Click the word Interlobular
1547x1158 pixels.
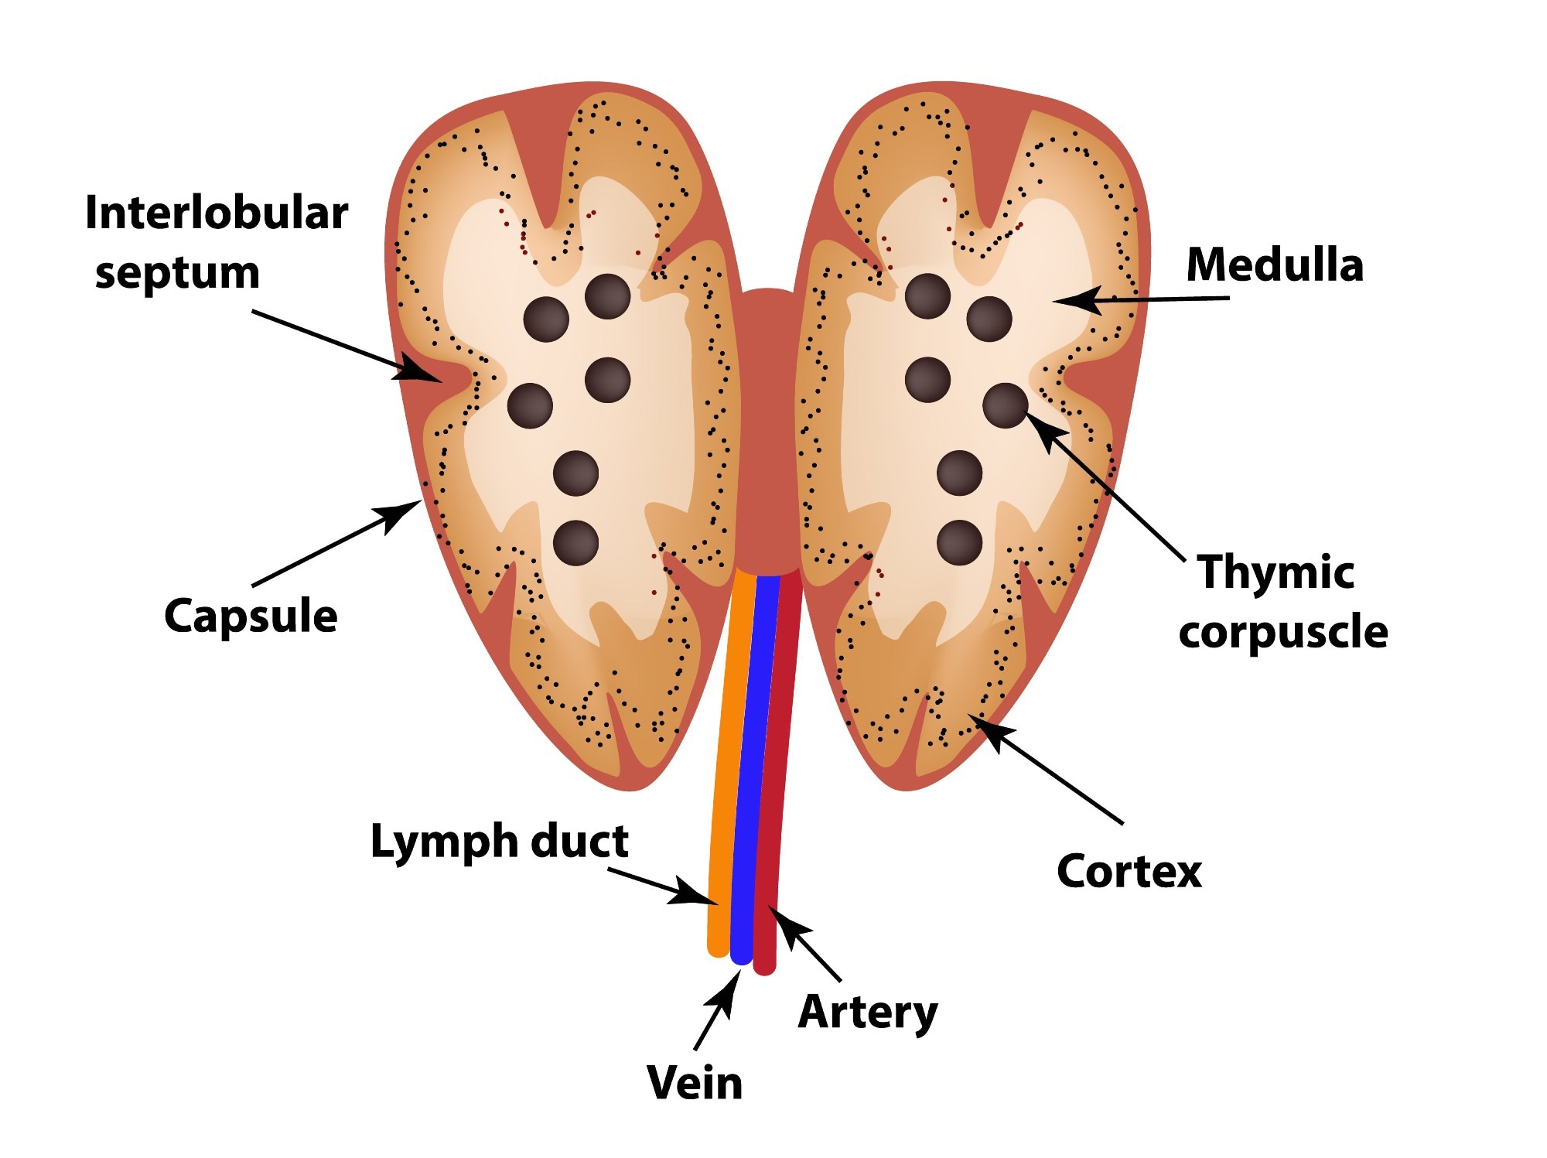217,213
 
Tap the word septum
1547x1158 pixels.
177,274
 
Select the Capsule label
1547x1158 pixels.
251,617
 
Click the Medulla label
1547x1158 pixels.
1274,265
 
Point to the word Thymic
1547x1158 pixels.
1276,572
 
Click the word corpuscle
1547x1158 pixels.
1283,633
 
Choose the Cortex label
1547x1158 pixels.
1129,872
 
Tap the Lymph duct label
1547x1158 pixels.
500,842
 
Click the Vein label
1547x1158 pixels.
695,1083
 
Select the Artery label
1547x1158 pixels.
868,1012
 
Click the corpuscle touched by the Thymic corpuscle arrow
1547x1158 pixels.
1005,405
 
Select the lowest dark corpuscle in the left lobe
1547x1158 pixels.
576,542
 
